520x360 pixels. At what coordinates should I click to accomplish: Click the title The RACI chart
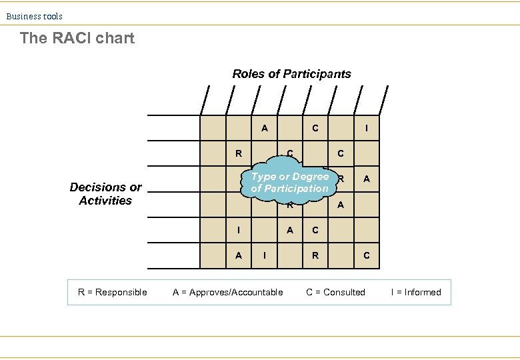77,38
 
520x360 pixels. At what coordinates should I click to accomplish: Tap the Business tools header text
35,16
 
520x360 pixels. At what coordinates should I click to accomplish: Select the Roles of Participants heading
291,74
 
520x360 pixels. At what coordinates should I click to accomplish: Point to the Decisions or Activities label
105,194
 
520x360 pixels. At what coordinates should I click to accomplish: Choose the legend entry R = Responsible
113,292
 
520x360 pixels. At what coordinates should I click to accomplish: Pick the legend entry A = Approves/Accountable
227,292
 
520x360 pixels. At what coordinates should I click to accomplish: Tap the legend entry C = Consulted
335,292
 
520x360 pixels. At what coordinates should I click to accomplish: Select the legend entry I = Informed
416,292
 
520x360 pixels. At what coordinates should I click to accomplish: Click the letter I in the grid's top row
366,128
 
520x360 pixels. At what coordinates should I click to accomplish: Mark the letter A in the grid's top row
265,128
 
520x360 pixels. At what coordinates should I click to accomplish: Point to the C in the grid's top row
315,128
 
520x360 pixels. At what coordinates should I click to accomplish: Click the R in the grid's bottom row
315,255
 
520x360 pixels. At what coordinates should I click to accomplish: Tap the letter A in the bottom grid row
239,255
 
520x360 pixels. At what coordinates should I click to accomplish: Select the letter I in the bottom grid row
265,255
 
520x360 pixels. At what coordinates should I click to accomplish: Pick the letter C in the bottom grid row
366,255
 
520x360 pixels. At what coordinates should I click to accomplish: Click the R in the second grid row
239,153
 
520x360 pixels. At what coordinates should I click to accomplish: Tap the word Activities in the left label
105,201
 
